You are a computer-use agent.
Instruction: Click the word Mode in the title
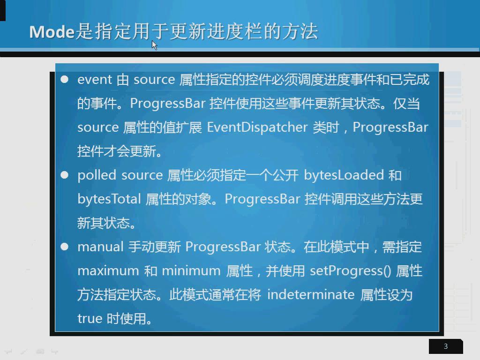52,31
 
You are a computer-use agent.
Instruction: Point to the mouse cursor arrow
154,45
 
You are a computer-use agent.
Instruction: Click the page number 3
446,346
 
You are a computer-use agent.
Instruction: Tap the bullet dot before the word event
65,79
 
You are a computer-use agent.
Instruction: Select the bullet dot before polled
65,175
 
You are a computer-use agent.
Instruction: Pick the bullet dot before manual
65,247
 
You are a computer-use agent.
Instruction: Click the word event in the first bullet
95,80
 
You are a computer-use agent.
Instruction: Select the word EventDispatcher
257,127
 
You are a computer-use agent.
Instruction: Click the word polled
97,175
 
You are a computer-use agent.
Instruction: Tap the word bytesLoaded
344,175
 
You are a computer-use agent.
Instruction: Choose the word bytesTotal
109,199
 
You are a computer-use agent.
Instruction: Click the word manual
100,247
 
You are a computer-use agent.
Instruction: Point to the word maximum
108,271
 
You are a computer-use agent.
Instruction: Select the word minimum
191,271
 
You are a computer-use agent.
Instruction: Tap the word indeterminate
311,294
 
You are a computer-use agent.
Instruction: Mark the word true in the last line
90,319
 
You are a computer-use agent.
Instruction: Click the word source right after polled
142,176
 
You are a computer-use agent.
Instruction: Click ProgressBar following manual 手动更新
223,247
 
